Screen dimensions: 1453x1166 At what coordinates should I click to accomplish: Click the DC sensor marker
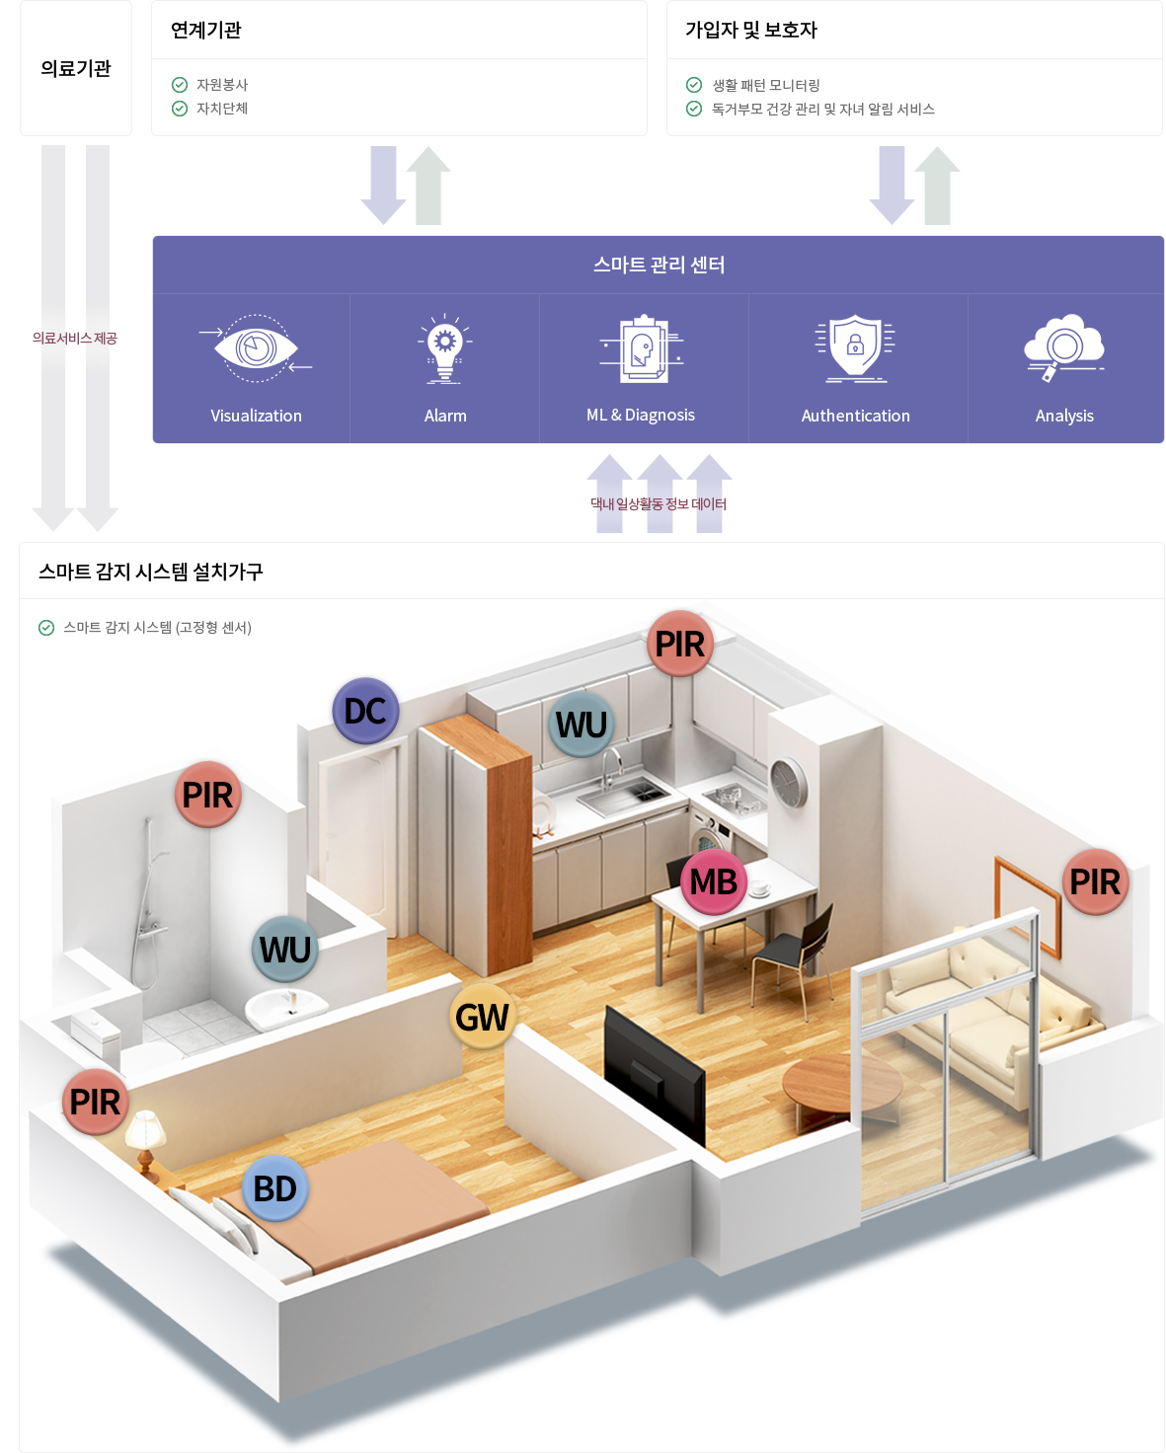(x=365, y=711)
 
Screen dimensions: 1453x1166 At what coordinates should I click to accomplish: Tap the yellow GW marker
(x=482, y=1017)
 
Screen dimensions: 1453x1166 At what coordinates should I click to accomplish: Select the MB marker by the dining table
(x=713, y=881)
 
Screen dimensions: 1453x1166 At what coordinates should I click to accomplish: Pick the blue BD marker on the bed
(x=274, y=1188)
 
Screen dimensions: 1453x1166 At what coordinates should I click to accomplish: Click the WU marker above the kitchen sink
(x=581, y=725)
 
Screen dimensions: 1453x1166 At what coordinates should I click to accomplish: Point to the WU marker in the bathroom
(x=285, y=950)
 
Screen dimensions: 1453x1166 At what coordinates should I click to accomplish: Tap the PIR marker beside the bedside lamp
(x=95, y=1102)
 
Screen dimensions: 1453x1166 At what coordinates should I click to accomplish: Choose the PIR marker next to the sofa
(x=1095, y=881)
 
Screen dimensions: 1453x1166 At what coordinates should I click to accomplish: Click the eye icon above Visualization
(x=256, y=348)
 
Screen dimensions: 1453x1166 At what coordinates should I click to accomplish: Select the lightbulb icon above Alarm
(x=445, y=348)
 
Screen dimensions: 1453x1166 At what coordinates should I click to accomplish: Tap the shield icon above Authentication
(x=855, y=347)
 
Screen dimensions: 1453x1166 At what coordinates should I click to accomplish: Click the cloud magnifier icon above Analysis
(x=1063, y=346)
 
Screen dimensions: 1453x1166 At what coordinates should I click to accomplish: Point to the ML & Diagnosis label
(x=641, y=416)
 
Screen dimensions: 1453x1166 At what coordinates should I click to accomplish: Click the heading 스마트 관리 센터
(x=659, y=265)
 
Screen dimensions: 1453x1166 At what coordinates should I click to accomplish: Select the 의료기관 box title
(x=76, y=68)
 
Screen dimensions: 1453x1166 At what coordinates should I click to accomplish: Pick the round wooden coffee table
(x=842, y=1082)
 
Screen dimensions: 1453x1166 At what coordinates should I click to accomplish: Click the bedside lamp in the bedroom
(x=145, y=1135)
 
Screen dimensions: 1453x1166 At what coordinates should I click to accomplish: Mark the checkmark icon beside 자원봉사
(x=180, y=85)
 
